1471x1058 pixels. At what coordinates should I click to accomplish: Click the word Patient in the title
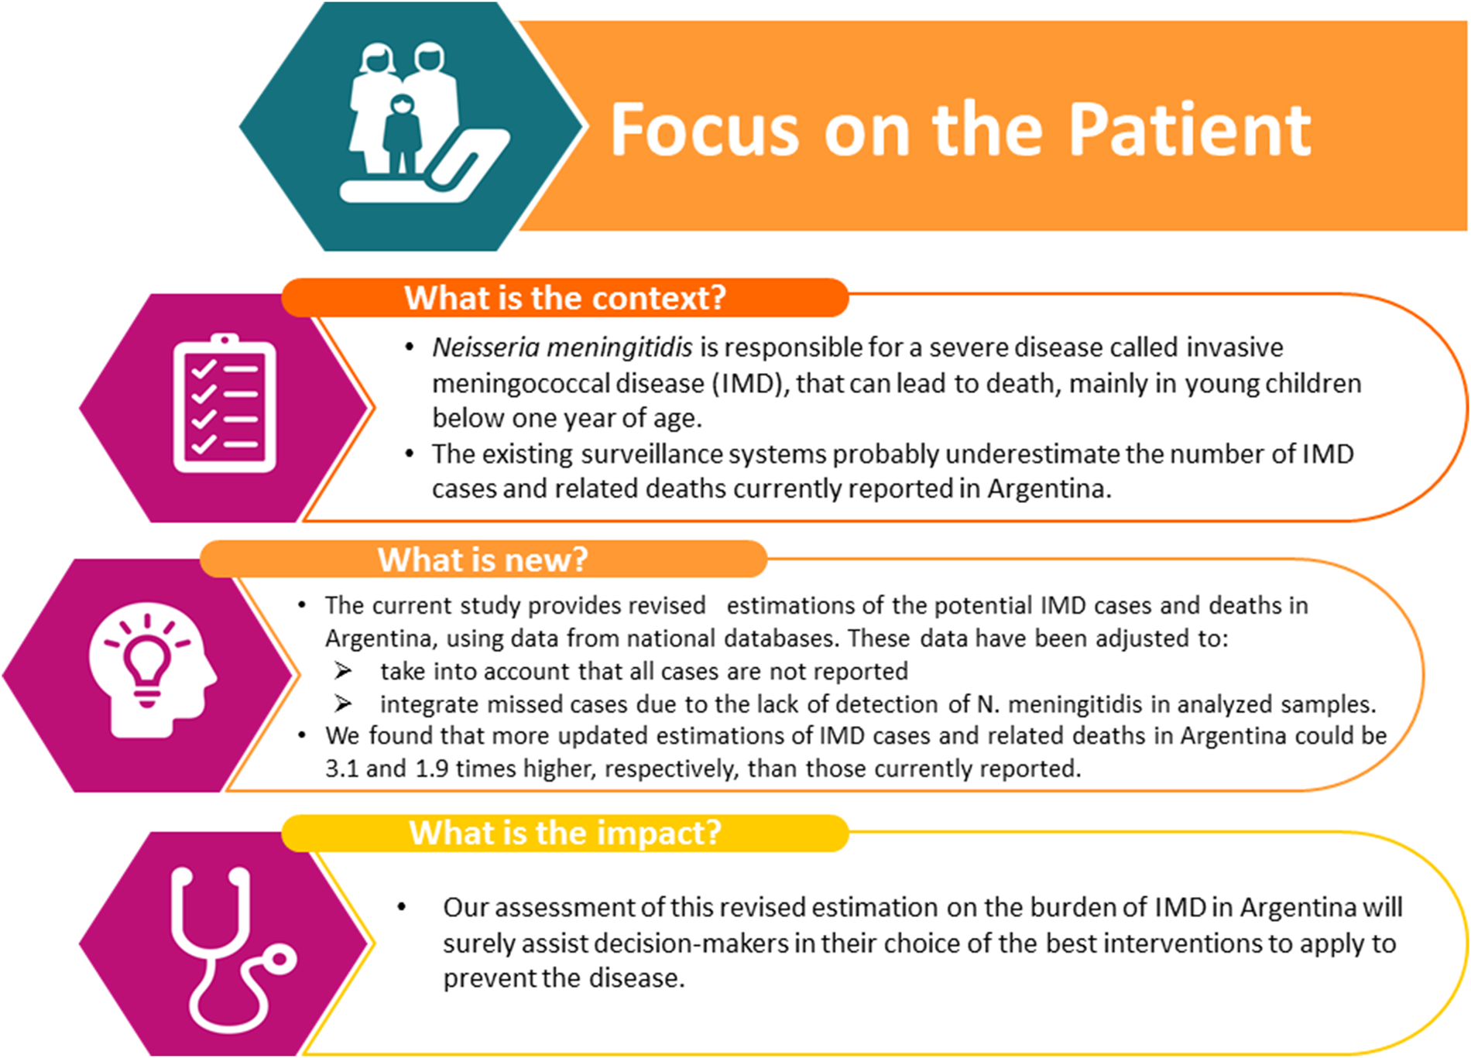click(1190, 129)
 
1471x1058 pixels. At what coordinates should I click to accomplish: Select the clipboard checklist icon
click(225, 403)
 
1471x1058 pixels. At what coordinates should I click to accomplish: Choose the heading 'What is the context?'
click(565, 298)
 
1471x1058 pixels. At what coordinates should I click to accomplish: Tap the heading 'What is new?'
click(483, 560)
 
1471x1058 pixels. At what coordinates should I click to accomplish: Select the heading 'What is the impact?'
click(565, 834)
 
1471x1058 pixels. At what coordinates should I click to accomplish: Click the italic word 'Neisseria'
click(485, 348)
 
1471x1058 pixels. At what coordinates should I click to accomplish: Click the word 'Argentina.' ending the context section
click(1049, 489)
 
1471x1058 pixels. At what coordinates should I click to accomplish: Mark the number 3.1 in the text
click(341, 769)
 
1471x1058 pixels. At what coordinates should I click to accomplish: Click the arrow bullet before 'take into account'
click(343, 671)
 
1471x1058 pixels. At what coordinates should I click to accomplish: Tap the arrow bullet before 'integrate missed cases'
click(343, 704)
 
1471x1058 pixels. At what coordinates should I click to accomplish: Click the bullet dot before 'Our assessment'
click(401, 907)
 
